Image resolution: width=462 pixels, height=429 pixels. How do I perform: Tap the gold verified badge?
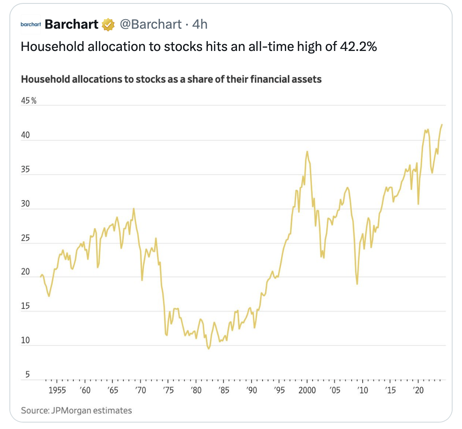108,25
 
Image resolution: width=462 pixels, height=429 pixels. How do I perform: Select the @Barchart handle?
150,24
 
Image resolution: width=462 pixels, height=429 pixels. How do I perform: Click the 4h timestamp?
200,24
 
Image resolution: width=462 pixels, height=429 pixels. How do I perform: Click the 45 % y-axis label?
29,101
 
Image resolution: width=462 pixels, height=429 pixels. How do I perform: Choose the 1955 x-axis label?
57,390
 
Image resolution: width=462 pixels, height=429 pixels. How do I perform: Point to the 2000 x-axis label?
307,390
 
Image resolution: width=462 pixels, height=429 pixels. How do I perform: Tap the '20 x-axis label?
418,390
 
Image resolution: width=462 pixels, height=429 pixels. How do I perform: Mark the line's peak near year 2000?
307,151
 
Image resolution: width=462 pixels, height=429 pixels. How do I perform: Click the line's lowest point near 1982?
208,349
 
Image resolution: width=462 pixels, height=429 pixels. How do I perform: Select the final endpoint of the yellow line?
442,125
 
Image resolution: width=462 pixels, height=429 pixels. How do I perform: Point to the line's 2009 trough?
357,284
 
